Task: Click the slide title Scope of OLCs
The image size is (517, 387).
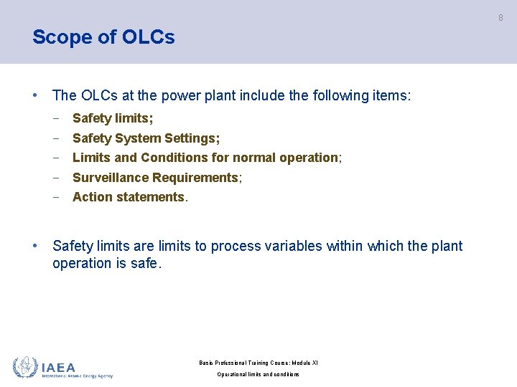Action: click(x=103, y=37)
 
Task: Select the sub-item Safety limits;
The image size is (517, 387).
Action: click(x=113, y=118)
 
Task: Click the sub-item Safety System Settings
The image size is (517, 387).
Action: click(x=146, y=138)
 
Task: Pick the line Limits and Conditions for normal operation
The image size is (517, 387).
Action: click(x=206, y=158)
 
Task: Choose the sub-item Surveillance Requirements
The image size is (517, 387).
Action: click(x=157, y=178)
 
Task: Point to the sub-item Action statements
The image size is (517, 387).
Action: click(x=129, y=197)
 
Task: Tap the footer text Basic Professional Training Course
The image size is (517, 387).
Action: click(x=258, y=363)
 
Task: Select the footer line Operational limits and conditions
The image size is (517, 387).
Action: click(x=258, y=374)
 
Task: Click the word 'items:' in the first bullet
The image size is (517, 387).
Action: click(x=392, y=95)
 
